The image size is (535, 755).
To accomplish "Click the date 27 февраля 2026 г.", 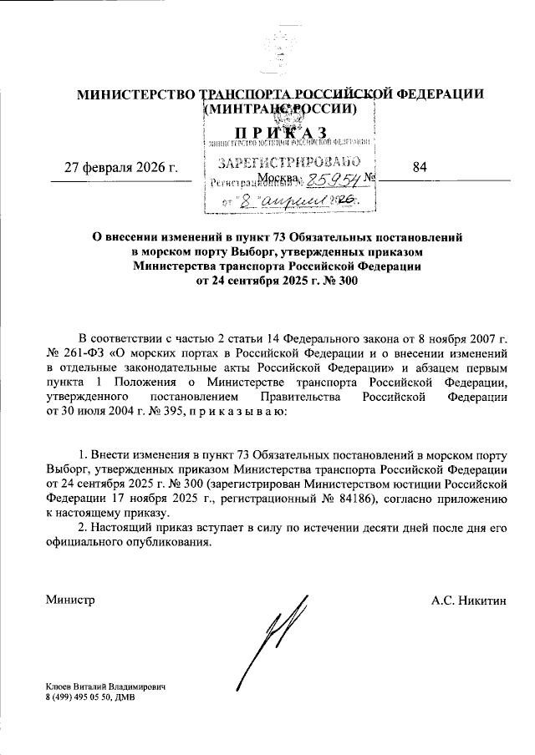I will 123,168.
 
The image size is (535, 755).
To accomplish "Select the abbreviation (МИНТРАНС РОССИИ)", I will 279,109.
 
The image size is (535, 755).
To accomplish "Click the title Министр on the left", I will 70,600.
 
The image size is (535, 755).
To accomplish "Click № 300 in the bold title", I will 345,281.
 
